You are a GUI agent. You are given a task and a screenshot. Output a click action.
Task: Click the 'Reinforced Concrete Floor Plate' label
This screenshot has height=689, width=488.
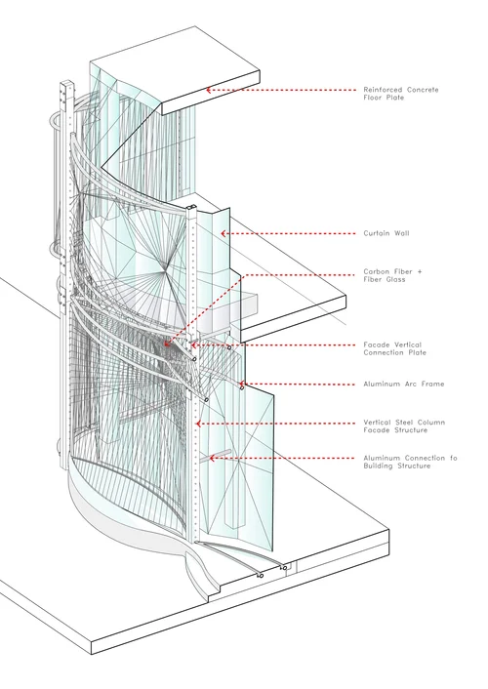(401, 94)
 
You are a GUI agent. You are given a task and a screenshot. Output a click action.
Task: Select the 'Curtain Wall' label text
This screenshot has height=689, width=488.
(386, 233)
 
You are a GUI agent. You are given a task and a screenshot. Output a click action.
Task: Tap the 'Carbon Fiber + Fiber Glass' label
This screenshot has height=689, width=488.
(392, 275)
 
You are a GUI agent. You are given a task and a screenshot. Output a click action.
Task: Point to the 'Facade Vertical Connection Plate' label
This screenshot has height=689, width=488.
(395, 348)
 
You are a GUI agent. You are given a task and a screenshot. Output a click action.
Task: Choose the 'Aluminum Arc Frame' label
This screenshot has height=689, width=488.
(404, 385)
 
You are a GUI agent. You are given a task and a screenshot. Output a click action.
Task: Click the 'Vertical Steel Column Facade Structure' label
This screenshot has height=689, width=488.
(404, 426)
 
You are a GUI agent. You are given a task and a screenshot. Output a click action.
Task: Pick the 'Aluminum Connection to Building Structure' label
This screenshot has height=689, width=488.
(411, 462)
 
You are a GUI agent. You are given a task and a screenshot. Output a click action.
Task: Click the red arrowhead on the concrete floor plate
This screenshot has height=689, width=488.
(209, 90)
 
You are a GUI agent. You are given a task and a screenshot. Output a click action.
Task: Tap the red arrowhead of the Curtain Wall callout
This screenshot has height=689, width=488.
(224, 233)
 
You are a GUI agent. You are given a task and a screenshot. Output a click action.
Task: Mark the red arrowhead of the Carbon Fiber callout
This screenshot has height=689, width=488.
(168, 343)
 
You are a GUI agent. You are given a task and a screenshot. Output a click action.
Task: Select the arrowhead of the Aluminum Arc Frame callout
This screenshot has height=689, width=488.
(241, 385)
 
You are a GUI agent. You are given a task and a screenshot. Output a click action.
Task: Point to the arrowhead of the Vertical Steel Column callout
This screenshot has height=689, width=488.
(199, 424)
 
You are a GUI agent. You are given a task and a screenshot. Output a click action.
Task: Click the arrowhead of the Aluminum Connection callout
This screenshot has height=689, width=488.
(213, 458)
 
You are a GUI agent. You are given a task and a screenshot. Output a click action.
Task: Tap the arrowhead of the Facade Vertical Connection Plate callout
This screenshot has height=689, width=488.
(193, 344)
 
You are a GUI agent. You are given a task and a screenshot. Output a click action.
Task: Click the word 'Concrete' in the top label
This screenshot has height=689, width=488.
(423, 90)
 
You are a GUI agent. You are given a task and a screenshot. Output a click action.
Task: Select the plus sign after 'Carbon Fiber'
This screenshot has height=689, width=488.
(419, 272)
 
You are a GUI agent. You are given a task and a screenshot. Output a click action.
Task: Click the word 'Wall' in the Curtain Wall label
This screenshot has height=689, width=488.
(401, 233)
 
